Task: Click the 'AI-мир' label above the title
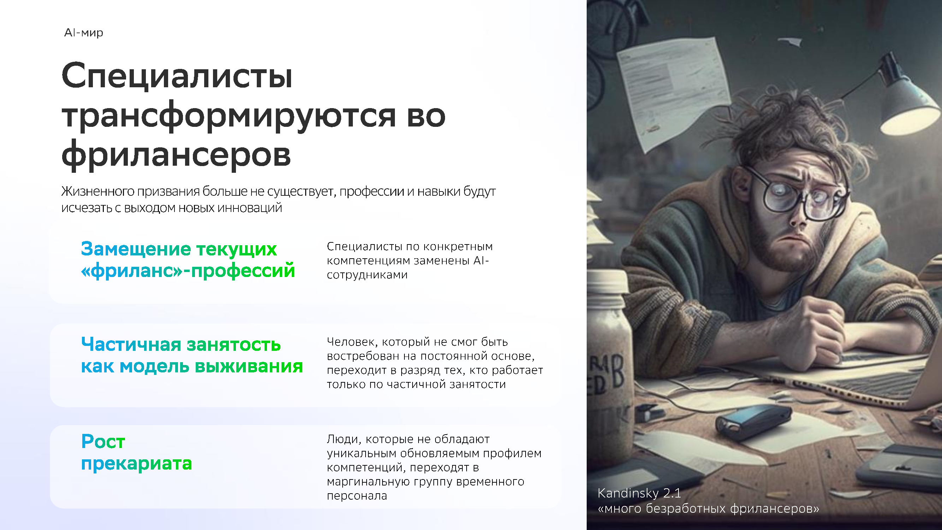[83, 33]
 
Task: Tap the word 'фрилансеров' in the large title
[176, 155]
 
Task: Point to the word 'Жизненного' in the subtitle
[98, 191]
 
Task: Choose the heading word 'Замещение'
[136, 249]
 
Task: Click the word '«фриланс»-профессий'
[188, 271]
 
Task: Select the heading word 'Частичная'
[131, 344]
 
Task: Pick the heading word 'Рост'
[103, 441]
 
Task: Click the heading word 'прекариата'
[136, 464]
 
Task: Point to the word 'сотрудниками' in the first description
[367, 275]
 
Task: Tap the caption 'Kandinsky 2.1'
[639, 493]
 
